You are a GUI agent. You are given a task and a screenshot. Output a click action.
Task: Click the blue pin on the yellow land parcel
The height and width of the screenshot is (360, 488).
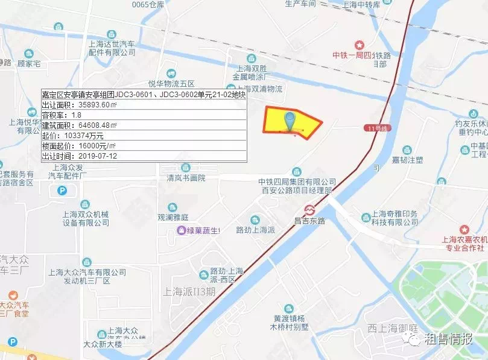(x=291, y=121)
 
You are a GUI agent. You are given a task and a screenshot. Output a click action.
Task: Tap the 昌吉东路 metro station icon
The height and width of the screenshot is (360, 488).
(x=310, y=210)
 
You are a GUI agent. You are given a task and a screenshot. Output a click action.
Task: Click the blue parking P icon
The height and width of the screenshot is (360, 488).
(x=62, y=191)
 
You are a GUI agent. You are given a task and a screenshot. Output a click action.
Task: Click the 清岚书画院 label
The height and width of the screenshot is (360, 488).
(x=186, y=178)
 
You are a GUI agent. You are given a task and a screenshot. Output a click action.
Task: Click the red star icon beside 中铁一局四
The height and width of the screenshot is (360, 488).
(x=360, y=45)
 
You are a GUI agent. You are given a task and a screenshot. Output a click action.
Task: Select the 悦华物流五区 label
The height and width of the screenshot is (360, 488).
(x=171, y=83)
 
